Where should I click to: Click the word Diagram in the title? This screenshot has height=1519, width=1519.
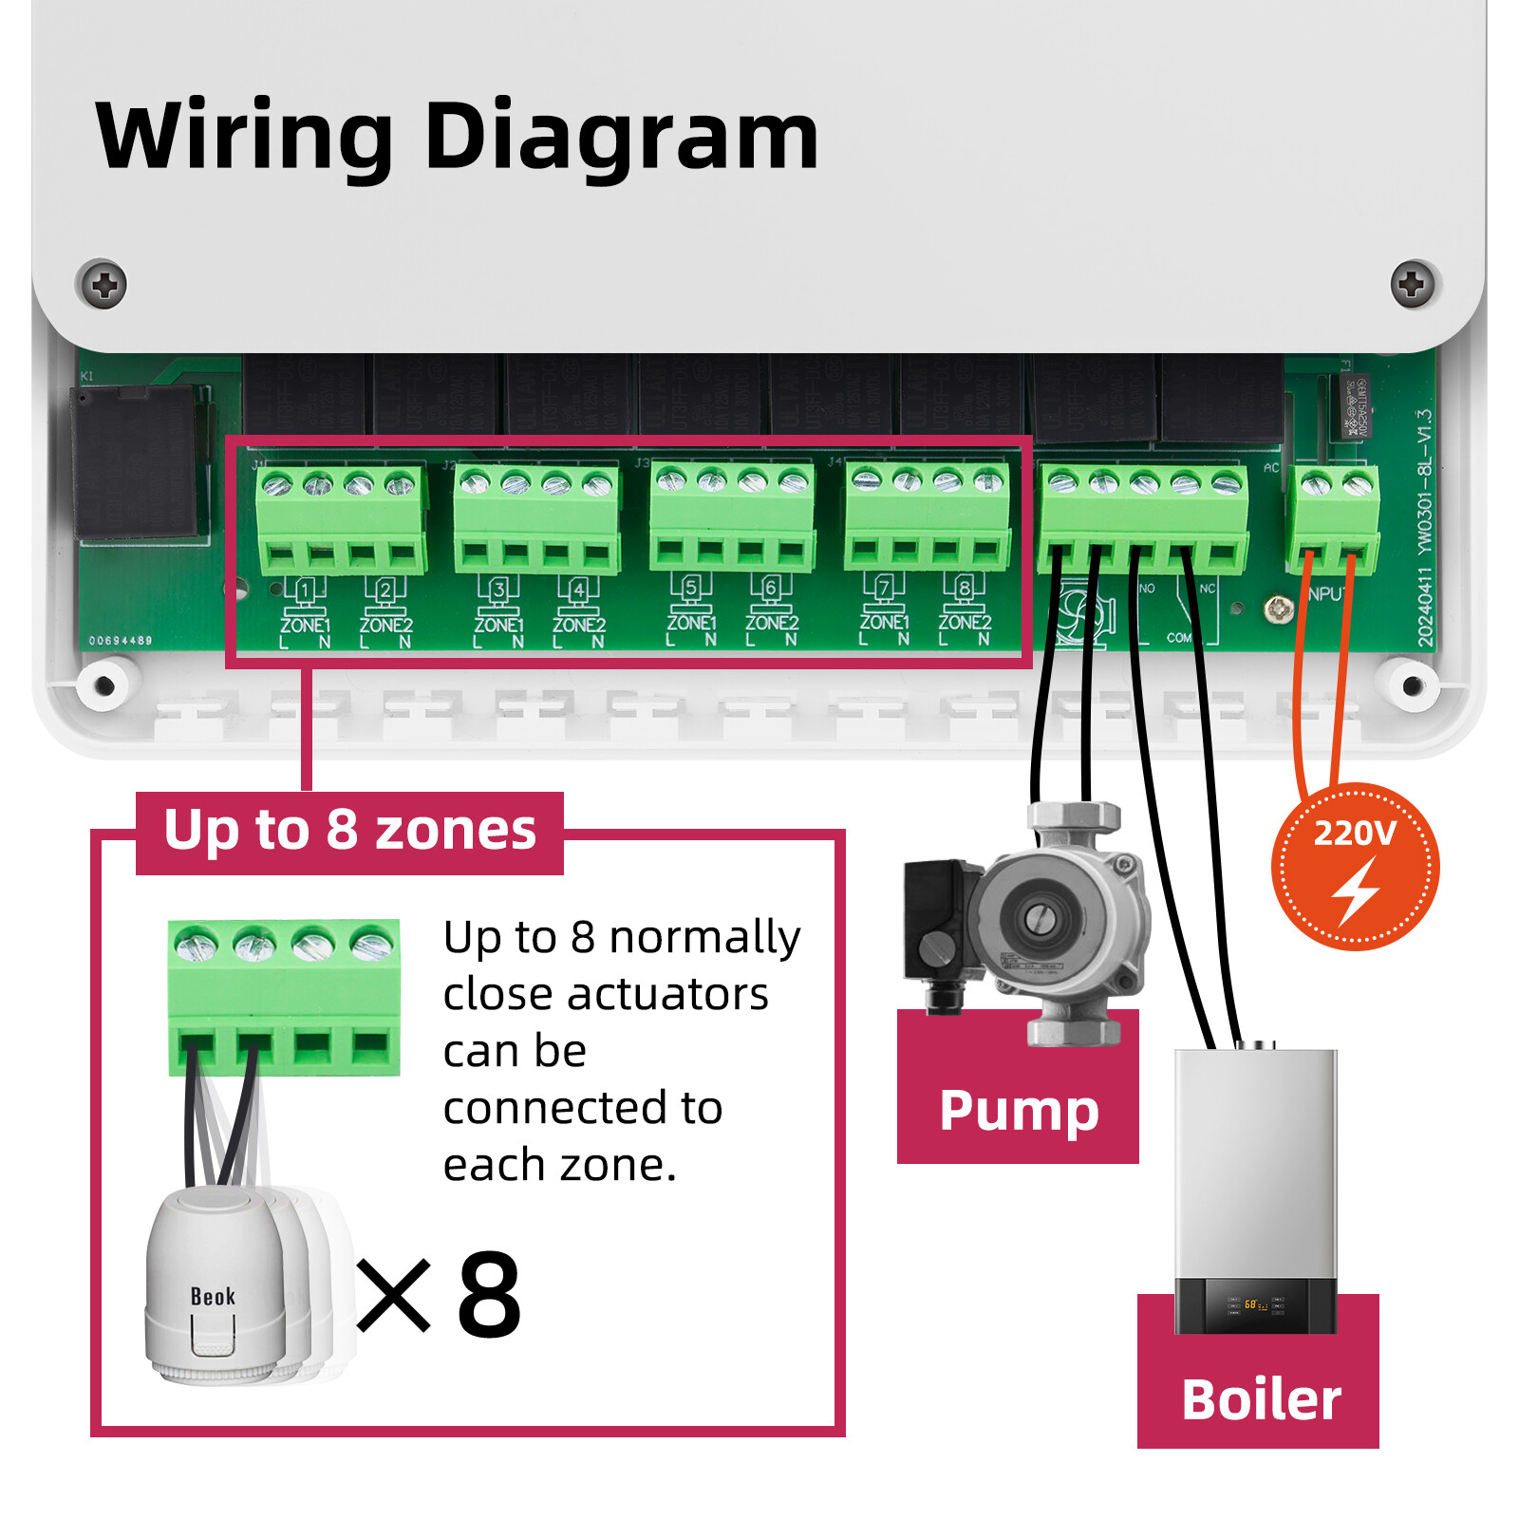pos(621,138)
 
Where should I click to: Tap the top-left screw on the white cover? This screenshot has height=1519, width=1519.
pos(103,284)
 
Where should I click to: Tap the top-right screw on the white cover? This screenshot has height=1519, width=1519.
pos(1413,283)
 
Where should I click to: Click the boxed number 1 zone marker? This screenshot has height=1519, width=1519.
pos(305,591)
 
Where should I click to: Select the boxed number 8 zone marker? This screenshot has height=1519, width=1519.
pos(965,588)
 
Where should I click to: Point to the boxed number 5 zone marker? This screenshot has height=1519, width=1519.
pos(691,588)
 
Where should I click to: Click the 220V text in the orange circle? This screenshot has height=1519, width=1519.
pos(1354,834)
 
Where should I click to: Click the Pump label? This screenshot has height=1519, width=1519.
pos(1019,1110)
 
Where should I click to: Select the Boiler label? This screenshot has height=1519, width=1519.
pos(1261,1399)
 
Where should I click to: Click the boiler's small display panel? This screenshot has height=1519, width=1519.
pos(1255,1305)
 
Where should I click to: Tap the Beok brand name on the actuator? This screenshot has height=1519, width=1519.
pos(213,1297)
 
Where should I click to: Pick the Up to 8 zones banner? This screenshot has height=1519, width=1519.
pos(349,831)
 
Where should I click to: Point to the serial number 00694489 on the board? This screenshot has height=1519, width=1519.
pos(121,641)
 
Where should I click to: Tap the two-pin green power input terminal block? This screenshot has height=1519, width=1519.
pos(1335,521)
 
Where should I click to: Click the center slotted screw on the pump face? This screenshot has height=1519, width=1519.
pos(1038,917)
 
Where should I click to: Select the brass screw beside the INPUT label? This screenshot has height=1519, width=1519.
pos(1279,609)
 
